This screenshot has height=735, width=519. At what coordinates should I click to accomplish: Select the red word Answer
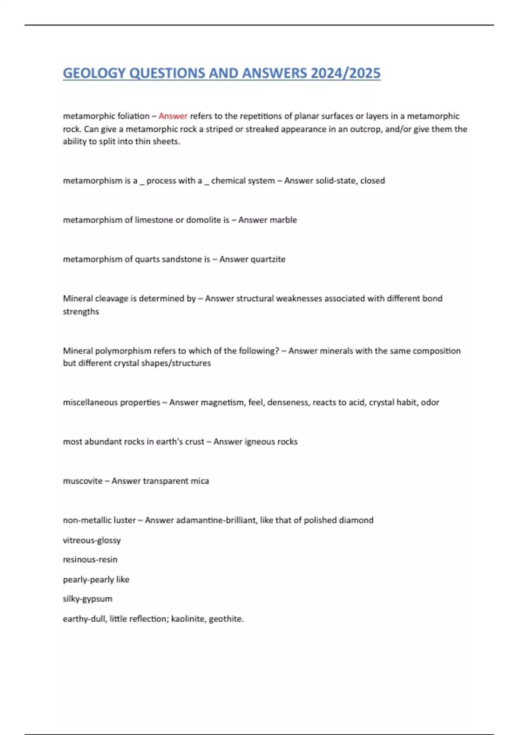[x=173, y=116]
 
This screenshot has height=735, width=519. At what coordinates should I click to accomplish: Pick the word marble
[x=283, y=220]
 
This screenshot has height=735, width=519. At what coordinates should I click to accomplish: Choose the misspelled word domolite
[x=204, y=220]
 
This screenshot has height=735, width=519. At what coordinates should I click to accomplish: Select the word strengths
[x=81, y=311]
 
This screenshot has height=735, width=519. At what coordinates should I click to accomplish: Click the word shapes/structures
[x=177, y=363]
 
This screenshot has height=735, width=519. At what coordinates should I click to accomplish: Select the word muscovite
[x=83, y=481]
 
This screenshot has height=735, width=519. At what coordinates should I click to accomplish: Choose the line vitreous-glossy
[x=92, y=540]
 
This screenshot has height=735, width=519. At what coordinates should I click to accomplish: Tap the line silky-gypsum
[x=87, y=599]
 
